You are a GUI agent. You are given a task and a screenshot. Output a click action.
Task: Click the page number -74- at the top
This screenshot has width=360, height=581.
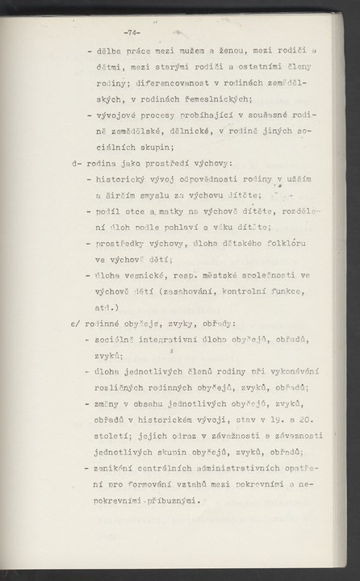click(x=132, y=32)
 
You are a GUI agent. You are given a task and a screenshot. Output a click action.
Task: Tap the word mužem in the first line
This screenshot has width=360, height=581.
click(x=197, y=51)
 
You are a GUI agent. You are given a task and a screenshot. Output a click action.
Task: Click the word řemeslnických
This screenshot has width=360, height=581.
click(x=217, y=99)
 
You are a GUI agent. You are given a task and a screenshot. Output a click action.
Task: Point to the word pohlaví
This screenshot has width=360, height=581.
click(x=185, y=227)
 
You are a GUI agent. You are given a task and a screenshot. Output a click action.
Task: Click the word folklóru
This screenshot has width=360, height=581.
click(x=278, y=243)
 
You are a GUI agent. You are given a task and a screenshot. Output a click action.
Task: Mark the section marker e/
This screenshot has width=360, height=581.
click(x=76, y=323)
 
